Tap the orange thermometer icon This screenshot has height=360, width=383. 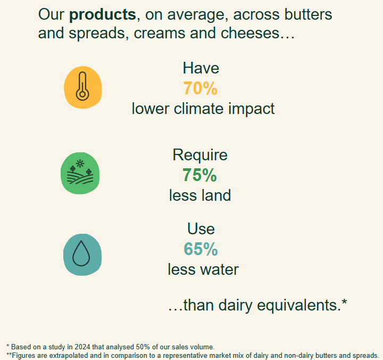(x=83, y=87)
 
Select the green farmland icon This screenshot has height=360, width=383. (x=80, y=174)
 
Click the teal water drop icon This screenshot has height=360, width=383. (x=82, y=255)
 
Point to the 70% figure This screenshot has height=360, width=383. (x=201, y=88)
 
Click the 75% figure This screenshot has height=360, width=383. (x=199, y=175)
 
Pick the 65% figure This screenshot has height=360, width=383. (x=201, y=249)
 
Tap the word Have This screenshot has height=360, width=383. (x=201, y=68)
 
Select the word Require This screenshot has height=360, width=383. (x=200, y=155)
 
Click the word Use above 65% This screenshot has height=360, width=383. (x=201, y=229)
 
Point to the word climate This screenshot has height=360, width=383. (x=198, y=108)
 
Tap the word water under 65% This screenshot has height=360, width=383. (x=219, y=270)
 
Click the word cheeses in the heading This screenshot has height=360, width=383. (x=250, y=33)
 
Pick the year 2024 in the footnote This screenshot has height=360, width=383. (x=82, y=347)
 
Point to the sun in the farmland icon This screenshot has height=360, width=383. (x=80, y=163)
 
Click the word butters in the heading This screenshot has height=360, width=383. (x=308, y=14)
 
